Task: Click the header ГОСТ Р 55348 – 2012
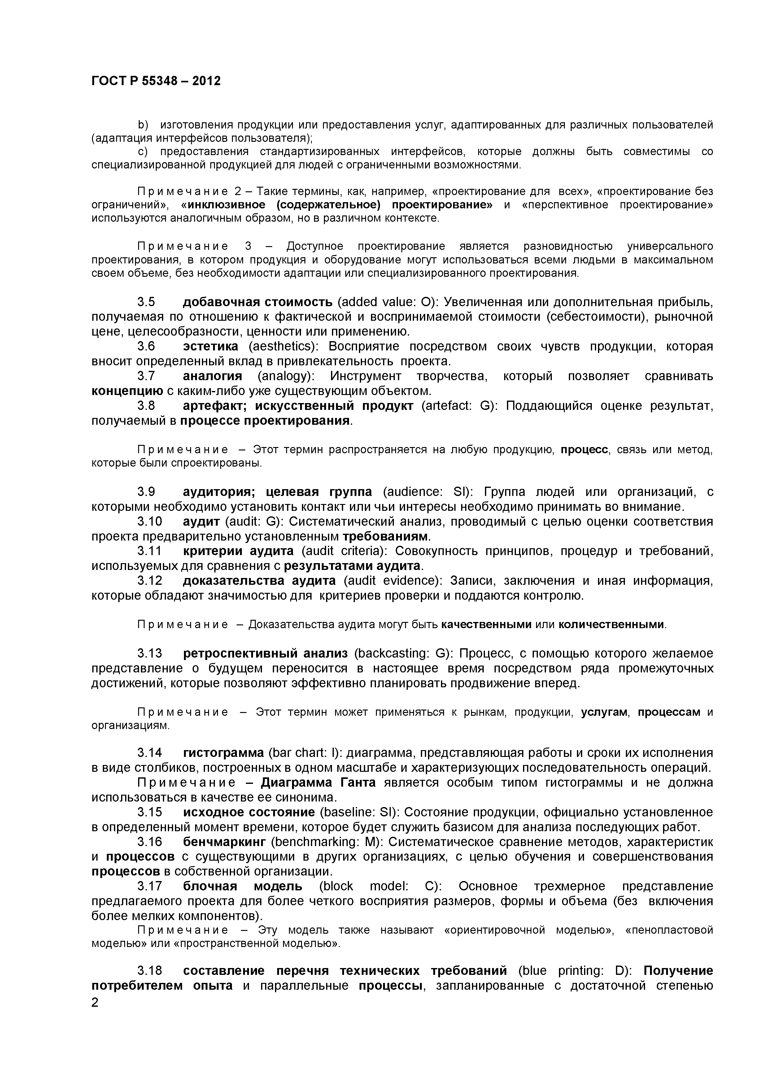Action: point(156,81)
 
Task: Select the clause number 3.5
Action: point(146,302)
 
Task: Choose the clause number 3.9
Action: point(146,492)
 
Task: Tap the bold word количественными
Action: point(611,625)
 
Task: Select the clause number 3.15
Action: point(150,812)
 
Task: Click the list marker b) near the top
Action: point(142,125)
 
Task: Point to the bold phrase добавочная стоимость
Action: point(257,302)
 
